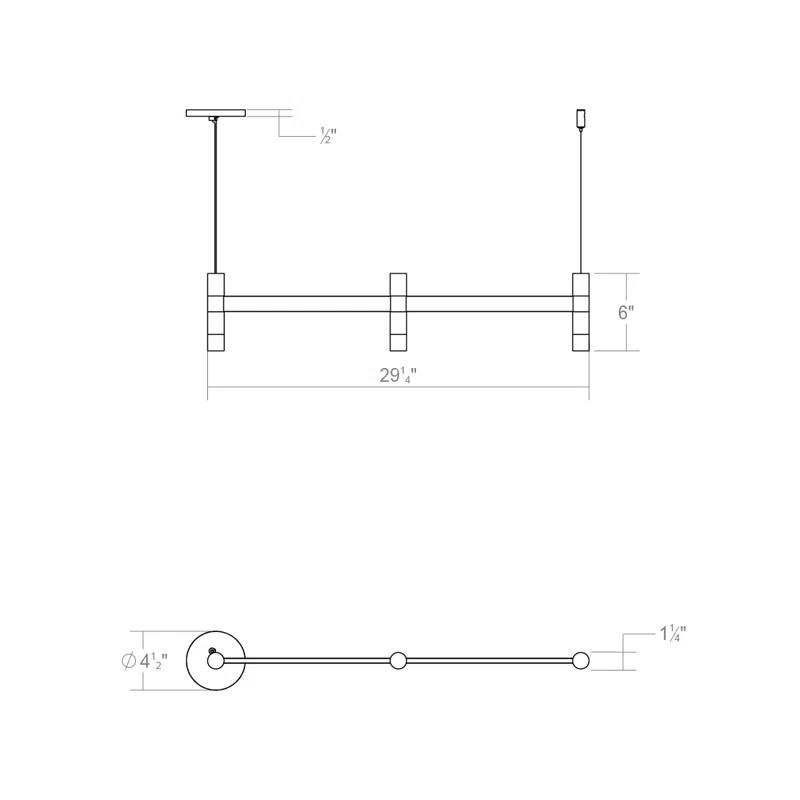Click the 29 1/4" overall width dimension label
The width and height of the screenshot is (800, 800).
(397, 376)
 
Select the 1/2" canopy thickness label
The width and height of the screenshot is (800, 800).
(328, 135)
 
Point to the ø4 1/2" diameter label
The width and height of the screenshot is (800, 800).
(144, 661)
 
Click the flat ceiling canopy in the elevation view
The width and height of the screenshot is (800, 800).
(215, 113)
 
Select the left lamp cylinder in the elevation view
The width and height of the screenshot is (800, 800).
(215, 312)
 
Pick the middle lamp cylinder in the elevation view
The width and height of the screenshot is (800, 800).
(398, 312)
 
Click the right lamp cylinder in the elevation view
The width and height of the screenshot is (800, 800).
(581, 312)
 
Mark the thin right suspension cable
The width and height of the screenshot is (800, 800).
(581, 200)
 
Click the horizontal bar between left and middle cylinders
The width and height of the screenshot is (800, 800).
(306, 302)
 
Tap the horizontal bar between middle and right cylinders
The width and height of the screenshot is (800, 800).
(490, 302)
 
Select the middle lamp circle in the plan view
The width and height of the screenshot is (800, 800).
(398, 660)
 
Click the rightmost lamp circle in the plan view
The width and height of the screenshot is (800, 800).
(581, 660)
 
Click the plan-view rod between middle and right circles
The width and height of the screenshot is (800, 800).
(490, 660)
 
